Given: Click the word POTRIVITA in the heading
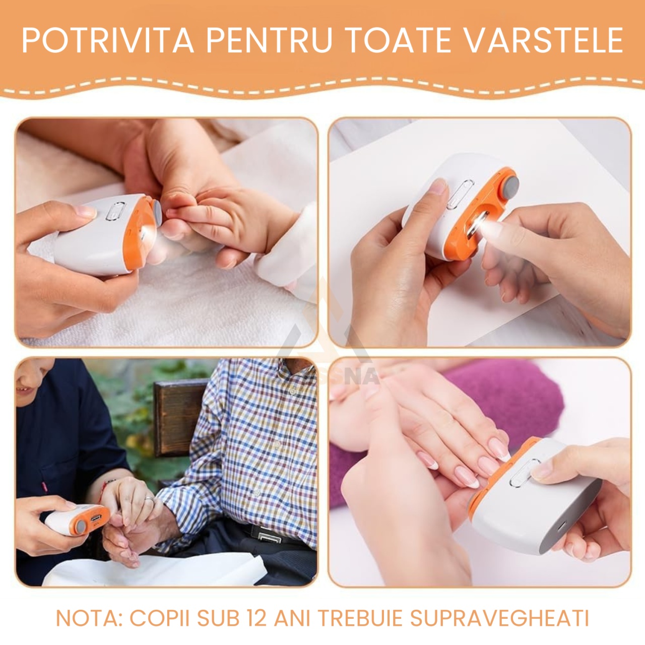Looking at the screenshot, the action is (x=108, y=40).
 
